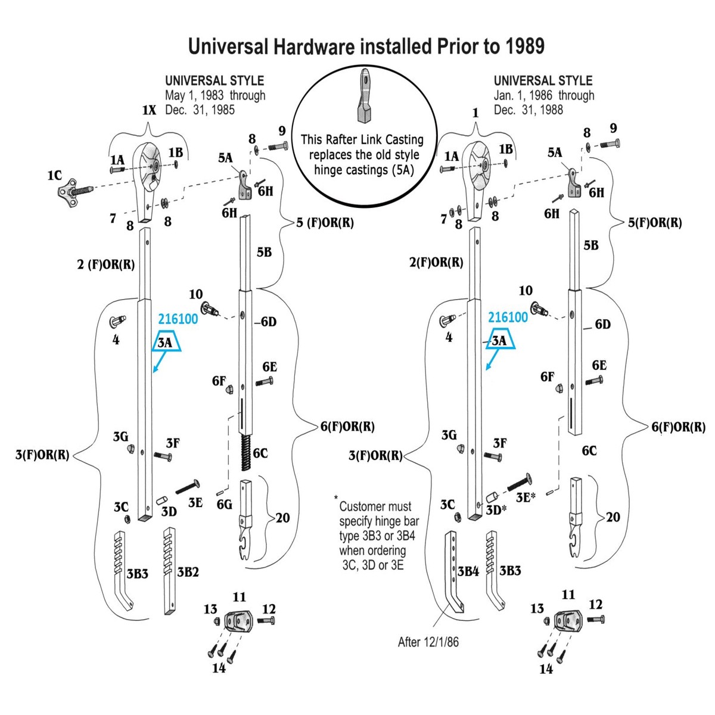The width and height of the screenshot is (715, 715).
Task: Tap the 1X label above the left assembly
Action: point(149,110)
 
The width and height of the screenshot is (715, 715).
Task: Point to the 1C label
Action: point(55,175)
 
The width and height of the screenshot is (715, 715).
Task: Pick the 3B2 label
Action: point(188,572)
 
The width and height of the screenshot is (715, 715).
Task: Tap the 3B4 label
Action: point(468,571)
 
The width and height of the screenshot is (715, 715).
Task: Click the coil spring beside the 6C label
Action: point(246,453)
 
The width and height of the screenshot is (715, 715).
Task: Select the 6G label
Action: point(225,504)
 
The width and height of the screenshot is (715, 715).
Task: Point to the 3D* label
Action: point(496,510)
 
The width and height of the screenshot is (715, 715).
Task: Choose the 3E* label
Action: point(526,497)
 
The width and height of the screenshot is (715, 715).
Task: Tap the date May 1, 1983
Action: point(194,95)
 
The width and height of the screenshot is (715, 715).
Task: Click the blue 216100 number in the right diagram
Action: point(508,317)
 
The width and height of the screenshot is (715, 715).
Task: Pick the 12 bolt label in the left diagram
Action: point(269,610)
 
